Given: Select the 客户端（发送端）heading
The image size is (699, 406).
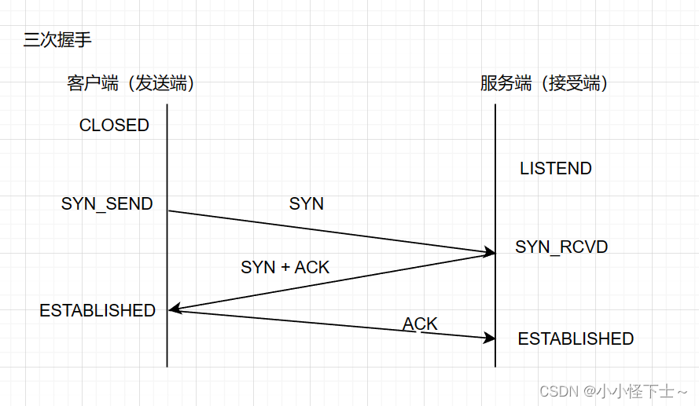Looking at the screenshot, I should [131, 83].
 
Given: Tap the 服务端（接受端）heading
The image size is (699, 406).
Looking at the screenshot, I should [544, 83].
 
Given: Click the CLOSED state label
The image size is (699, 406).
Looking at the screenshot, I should [114, 126].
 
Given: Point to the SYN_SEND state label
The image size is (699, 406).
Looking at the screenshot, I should [107, 203].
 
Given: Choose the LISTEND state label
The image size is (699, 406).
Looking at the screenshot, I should [556, 168].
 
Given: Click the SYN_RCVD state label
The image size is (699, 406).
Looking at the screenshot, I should [561, 247].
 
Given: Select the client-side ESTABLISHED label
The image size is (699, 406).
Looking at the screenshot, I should [97, 310].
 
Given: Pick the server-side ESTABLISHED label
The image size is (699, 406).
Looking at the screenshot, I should [576, 338].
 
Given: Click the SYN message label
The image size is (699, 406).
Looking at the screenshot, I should [307, 203].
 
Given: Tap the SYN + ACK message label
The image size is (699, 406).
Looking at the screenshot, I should [285, 267].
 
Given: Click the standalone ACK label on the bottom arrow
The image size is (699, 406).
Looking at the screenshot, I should [421, 324].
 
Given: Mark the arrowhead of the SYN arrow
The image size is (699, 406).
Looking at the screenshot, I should [491, 252].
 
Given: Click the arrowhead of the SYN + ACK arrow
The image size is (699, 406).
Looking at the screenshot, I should [173, 310].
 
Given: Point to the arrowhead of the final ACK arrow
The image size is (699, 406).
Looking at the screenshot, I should [491, 338].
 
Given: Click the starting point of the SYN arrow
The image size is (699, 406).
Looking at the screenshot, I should [168, 210].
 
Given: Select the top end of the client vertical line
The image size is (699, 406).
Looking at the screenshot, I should [167, 105].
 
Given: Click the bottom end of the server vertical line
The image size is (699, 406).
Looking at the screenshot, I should [495, 365].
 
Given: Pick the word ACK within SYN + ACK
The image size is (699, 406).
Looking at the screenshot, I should [312, 267].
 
